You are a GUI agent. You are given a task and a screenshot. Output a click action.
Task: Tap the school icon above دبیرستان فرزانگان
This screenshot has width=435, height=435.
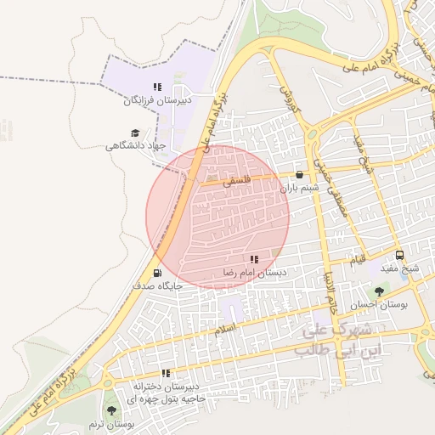[x=157, y=87]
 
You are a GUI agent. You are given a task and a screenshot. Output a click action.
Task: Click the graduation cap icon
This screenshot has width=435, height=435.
[x=134, y=133]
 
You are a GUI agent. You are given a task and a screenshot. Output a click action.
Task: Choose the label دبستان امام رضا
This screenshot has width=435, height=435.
[x=254, y=273]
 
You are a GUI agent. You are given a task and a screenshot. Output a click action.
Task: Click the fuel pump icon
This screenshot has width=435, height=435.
[x=157, y=273]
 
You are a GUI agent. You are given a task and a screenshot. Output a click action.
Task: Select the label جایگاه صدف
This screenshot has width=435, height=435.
[x=157, y=286]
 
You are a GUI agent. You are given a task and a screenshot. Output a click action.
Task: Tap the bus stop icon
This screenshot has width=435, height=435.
[x=400, y=255]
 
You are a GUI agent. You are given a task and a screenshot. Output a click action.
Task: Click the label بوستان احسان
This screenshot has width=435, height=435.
[x=379, y=304]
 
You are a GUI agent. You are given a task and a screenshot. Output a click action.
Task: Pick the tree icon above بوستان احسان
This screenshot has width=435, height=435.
[x=379, y=291]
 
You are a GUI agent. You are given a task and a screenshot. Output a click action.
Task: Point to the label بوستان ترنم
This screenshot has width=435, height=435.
[x=112, y=423]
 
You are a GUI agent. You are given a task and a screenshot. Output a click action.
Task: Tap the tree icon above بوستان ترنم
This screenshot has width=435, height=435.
[x=112, y=410]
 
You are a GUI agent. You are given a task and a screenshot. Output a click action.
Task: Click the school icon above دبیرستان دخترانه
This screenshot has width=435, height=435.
[x=167, y=373]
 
